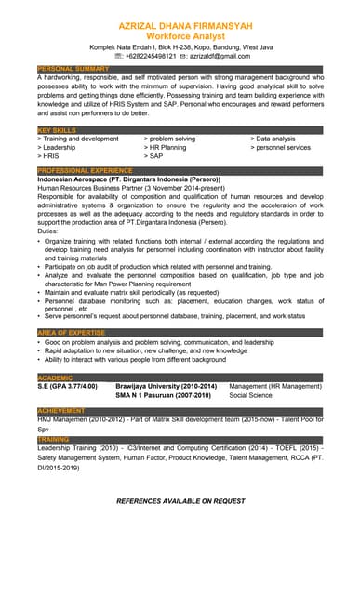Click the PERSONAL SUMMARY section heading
tap(73, 68)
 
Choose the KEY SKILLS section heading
tap(57, 129)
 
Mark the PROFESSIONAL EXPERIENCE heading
tap(85, 170)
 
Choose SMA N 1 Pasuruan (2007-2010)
tap(163, 394)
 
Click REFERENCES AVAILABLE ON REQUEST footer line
tap(180, 500)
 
